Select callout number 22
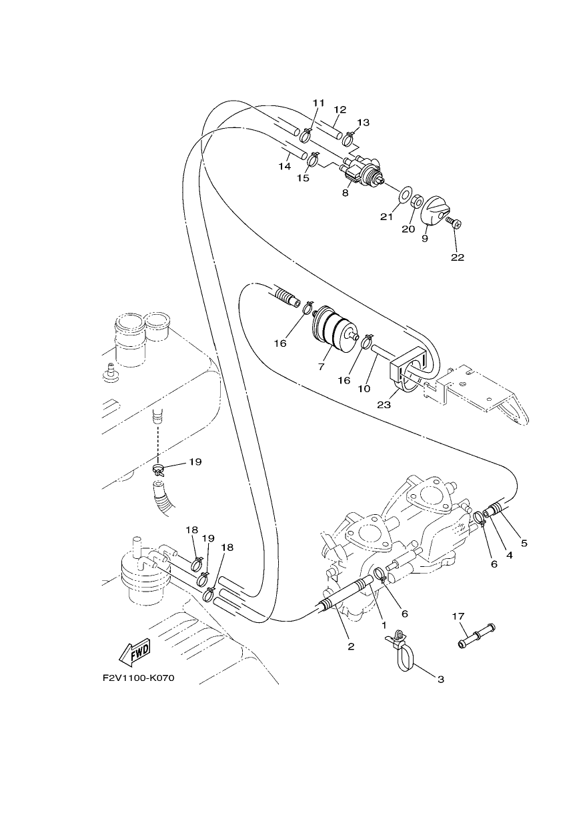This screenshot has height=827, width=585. point(457,257)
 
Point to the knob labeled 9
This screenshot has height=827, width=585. point(435,211)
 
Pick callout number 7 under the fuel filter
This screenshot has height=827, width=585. point(321,367)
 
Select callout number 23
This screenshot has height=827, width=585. point(384,405)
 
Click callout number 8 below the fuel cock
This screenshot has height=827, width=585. point(345,193)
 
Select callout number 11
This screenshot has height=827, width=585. point(318,103)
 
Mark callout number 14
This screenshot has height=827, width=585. point(284,167)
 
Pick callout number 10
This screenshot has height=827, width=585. point(364,389)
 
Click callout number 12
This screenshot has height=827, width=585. point(340,109)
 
